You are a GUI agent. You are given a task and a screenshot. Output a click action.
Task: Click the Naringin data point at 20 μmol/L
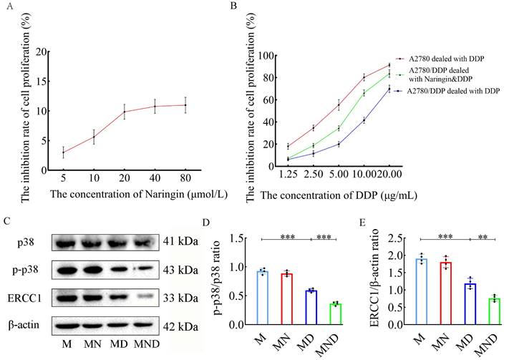point(125,112)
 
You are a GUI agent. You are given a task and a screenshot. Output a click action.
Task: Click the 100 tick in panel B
point(264,55)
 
